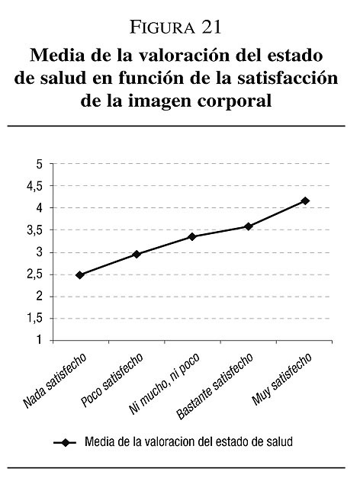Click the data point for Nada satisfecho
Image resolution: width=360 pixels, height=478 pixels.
point(80,275)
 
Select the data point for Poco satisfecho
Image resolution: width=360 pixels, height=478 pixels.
point(137,254)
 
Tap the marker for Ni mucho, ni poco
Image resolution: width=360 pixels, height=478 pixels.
point(192,236)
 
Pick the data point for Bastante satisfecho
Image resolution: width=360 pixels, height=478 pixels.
point(249,226)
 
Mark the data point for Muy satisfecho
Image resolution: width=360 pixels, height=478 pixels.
point(305,201)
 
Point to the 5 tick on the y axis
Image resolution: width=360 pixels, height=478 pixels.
point(39,164)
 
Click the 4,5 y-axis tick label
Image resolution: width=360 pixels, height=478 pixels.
point(35,187)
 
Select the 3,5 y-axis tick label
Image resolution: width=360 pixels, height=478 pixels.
point(35,231)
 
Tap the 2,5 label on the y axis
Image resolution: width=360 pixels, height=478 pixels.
point(35,275)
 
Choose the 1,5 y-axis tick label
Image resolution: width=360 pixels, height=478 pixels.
point(35,319)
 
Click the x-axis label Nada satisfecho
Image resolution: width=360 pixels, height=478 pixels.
point(54,380)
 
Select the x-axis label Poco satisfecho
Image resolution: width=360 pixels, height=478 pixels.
point(112,380)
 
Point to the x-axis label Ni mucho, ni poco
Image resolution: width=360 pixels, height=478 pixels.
point(165,383)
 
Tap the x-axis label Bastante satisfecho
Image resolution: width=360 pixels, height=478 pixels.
point(215,386)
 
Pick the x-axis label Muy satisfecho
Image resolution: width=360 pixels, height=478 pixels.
point(282,379)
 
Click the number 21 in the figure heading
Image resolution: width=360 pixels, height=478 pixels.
point(211,27)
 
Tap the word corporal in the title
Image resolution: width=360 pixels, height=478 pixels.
point(234,101)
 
